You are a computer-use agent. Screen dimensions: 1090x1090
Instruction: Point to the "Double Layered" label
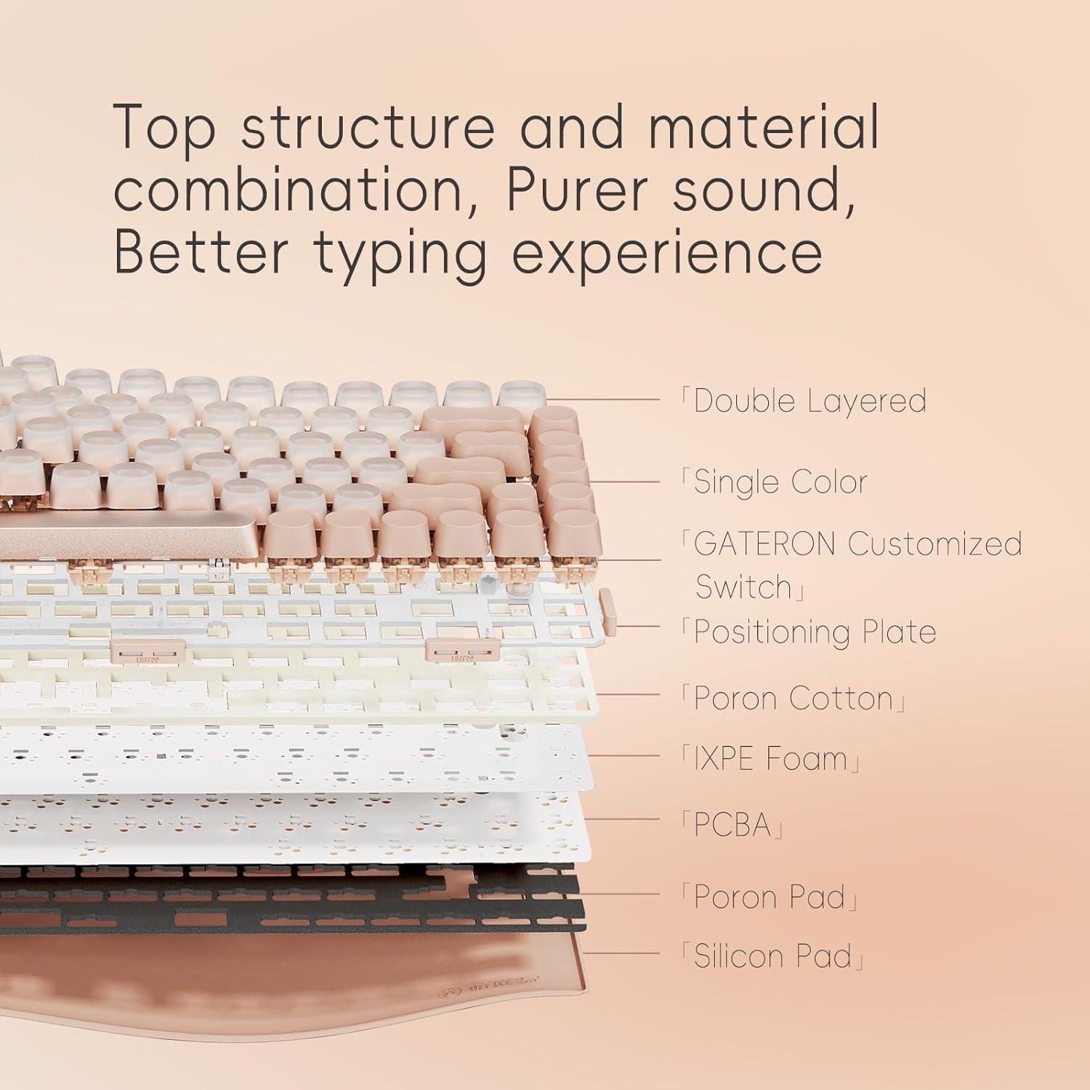[x=810, y=401]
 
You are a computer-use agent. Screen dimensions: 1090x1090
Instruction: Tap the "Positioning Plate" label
[x=815, y=632]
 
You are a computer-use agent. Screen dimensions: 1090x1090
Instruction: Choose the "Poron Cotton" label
[x=793, y=699]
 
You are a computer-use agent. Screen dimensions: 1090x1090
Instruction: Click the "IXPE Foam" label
[x=771, y=759]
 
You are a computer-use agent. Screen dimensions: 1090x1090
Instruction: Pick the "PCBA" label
[x=732, y=825]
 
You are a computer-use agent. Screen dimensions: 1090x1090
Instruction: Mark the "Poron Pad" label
[x=770, y=897]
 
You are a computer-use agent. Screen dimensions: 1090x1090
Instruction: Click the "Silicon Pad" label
[x=772, y=956]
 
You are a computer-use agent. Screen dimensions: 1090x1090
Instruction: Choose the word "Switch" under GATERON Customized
[x=743, y=587]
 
